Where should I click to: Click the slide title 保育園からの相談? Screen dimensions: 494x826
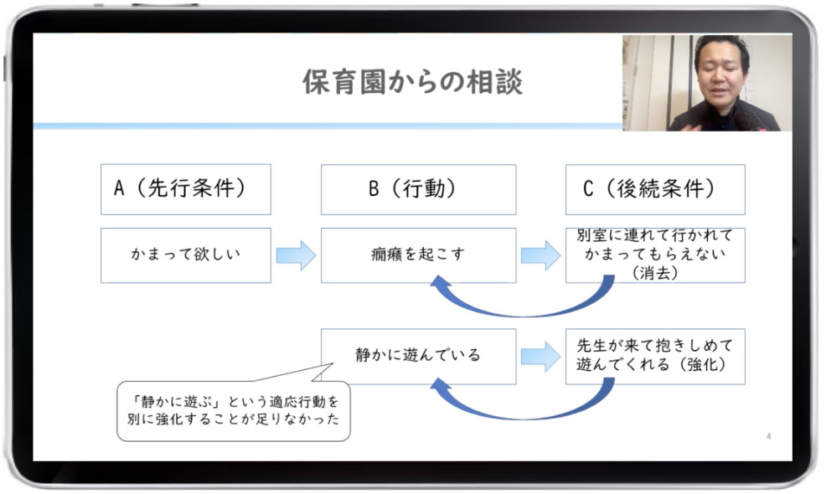point(411,82)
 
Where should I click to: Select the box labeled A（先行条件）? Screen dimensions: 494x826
point(185,189)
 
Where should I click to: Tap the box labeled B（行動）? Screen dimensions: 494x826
point(418,189)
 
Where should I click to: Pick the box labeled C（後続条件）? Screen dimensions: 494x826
point(654,189)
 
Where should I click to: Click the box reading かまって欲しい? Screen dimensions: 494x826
point(185,255)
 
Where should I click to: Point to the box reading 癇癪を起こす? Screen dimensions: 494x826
point(418,255)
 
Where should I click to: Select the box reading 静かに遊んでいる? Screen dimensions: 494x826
point(418,356)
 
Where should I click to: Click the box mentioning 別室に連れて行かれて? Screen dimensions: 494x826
point(654,255)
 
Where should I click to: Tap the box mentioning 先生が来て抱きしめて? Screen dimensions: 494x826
point(654,356)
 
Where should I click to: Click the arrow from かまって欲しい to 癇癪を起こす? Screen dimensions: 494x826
point(296,255)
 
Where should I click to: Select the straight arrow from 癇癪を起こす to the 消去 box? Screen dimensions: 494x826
point(540,255)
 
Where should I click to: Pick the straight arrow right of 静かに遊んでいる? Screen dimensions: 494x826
point(540,356)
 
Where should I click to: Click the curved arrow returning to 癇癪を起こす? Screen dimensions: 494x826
point(519,306)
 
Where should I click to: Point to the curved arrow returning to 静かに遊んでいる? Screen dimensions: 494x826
point(519,409)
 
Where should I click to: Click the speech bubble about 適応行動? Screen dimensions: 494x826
point(233,412)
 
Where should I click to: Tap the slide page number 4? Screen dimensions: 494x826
point(769,436)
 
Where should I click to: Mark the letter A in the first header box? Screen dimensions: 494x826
point(119,189)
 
